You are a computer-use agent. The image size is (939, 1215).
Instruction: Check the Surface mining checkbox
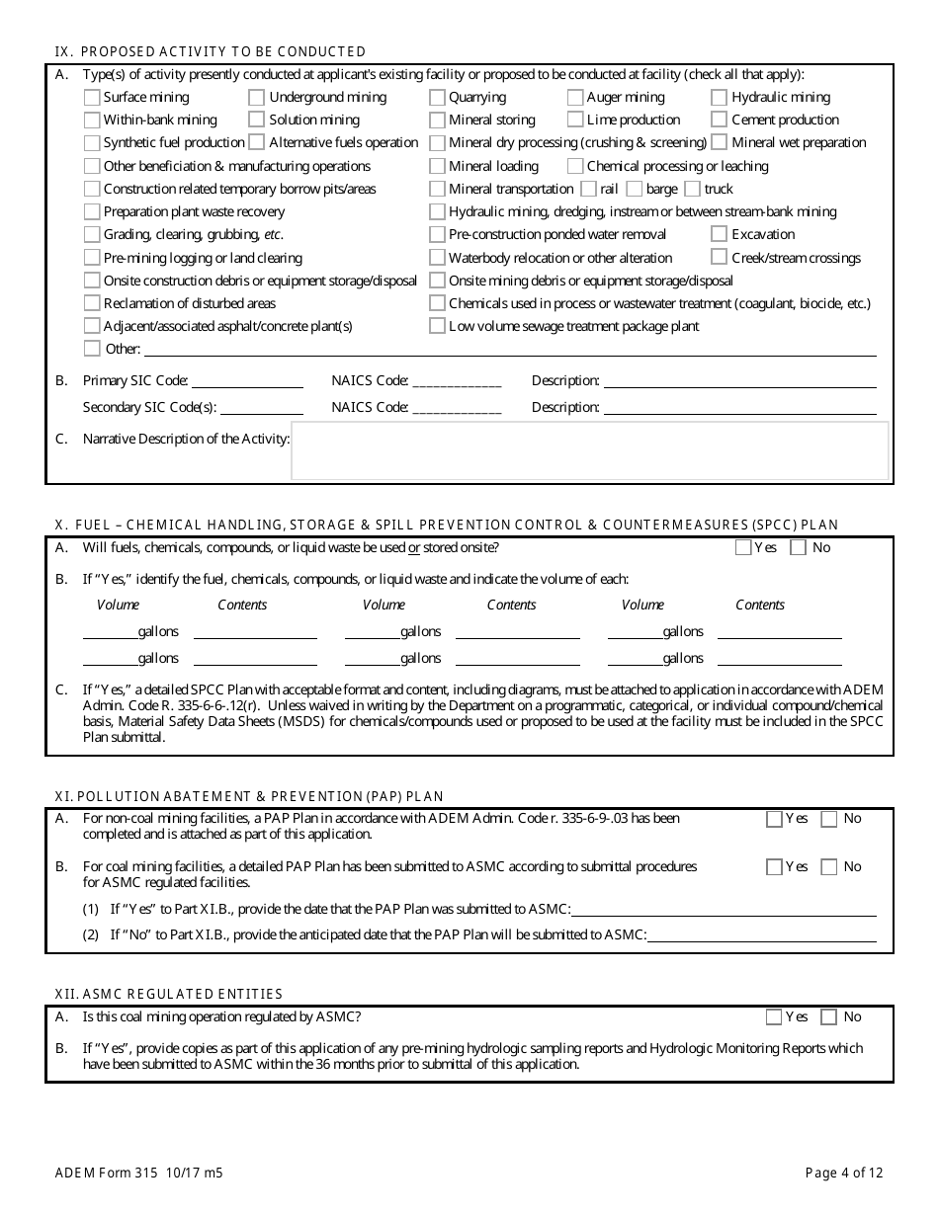(92, 97)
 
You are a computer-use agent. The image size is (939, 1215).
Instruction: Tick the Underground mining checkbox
(256, 97)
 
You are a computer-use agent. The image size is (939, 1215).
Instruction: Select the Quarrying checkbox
(437, 97)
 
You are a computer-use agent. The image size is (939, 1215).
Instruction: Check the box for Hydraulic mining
(720, 97)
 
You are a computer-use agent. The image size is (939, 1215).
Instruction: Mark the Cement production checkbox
(720, 120)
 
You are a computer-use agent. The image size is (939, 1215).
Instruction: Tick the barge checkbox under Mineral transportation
(635, 189)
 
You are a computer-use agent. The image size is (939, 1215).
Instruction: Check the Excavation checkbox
(720, 234)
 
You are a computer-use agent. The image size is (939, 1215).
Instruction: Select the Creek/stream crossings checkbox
(720, 258)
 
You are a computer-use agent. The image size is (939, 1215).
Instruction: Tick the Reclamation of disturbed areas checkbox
(92, 303)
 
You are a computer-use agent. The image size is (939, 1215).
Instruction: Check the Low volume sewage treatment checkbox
(437, 326)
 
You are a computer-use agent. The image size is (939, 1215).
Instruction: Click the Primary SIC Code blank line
(246, 382)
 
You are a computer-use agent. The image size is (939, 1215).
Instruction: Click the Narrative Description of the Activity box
(589, 450)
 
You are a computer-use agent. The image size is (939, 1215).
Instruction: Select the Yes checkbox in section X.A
(743, 547)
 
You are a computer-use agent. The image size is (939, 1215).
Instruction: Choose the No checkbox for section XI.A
(830, 818)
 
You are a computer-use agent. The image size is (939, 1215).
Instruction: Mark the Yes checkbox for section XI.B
(774, 866)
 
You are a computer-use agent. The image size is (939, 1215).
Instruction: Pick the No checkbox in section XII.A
(830, 1016)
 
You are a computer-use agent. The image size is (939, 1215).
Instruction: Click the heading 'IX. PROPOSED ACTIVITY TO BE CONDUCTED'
(210, 51)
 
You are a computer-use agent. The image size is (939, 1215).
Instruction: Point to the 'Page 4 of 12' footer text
(844, 1174)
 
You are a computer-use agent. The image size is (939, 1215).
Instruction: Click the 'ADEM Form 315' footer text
(98, 1174)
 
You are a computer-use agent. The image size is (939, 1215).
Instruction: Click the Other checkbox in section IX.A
(92, 349)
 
